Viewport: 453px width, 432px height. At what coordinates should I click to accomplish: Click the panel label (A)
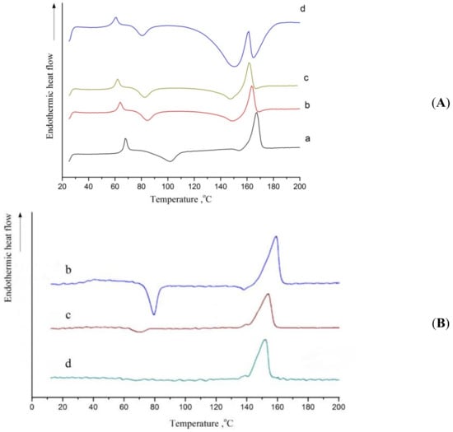(441, 103)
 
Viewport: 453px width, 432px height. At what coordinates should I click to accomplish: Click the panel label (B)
(441, 323)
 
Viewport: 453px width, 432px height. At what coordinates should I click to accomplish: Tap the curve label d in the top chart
(302, 9)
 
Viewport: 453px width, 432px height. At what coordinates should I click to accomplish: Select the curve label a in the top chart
(307, 139)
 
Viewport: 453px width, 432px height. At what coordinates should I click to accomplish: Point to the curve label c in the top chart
(306, 77)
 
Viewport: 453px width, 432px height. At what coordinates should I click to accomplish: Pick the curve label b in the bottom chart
(68, 270)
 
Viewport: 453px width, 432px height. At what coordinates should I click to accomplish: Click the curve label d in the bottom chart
(68, 364)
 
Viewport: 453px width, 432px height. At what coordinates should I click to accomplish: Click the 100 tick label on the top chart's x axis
(168, 187)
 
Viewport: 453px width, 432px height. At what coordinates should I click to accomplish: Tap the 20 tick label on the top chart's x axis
(62, 187)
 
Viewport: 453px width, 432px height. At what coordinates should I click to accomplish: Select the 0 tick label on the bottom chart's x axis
(32, 407)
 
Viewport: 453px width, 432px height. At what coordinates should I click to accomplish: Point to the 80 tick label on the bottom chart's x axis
(155, 407)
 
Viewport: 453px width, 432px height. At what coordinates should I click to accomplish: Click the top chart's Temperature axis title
(181, 199)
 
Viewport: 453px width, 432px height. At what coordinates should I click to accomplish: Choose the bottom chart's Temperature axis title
(201, 423)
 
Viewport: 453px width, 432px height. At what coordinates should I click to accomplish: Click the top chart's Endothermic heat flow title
(50, 96)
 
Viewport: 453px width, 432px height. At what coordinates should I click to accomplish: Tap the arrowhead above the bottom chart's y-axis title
(20, 216)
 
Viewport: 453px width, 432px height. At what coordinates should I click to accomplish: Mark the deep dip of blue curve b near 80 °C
(154, 314)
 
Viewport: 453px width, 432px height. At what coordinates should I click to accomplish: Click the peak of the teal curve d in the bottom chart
(264, 340)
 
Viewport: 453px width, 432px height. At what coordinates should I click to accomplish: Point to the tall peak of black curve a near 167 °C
(256, 113)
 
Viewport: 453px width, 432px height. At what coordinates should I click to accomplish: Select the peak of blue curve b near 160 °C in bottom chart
(277, 237)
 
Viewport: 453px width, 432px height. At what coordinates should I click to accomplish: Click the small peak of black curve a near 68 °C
(125, 139)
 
